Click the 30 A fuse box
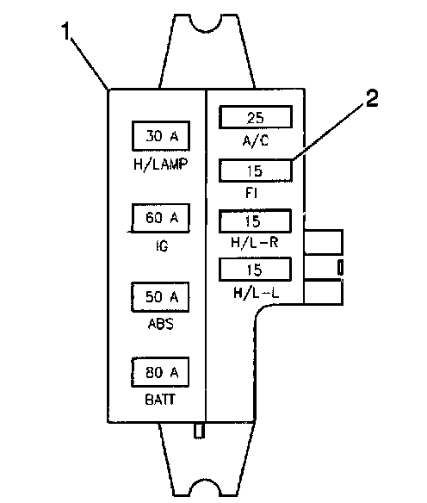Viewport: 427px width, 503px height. (161, 136)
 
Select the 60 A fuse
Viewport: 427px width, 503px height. (161, 218)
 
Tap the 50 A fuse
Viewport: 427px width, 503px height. (160, 297)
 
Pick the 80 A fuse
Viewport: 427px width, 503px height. (160, 372)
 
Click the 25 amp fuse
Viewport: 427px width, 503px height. (256, 117)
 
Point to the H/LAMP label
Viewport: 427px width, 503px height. (161, 165)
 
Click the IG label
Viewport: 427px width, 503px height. (162, 246)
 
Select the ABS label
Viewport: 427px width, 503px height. (161, 324)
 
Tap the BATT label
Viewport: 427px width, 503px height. (160, 400)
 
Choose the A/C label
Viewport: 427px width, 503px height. (256, 140)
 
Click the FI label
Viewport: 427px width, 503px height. (251, 193)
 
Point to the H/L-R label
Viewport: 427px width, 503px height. (255, 242)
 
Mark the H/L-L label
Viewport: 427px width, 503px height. (256, 293)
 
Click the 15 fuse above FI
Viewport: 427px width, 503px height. (256, 171)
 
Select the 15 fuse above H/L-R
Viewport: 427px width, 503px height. (255, 221)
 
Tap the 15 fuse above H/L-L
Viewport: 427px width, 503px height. (255, 269)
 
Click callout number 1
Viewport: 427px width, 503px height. (65, 31)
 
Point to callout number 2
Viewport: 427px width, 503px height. (372, 98)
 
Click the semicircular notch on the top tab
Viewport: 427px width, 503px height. (206, 24)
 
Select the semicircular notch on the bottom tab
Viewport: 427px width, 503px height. (206, 487)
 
